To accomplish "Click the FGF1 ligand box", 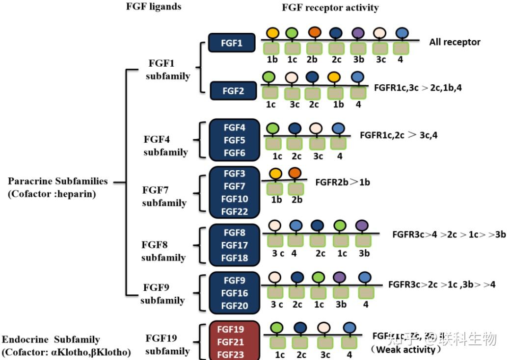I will (x=232, y=43).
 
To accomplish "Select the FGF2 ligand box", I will (x=234, y=91).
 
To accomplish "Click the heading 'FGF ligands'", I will (x=154, y=7).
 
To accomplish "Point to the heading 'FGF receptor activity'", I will (x=330, y=7).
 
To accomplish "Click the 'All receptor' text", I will (x=455, y=42).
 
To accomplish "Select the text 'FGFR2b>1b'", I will (x=342, y=182).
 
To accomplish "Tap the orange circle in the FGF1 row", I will (x=315, y=32).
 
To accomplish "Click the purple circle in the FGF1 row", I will (x=358, y=32).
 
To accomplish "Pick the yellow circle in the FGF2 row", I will (x=334, y=77).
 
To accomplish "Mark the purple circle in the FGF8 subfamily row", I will (x=362, y=226).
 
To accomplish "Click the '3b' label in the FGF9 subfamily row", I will (x=342, y=304).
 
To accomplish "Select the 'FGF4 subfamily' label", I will (x=165, y=146).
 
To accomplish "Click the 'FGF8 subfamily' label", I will (x=163, y=251).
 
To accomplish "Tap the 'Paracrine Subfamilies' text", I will (x=57, y=181).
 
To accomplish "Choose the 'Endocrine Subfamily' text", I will (x=51, y=339).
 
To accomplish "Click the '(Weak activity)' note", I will (x=404, y=350).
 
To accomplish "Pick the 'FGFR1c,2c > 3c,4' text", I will (x=398, y=135).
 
